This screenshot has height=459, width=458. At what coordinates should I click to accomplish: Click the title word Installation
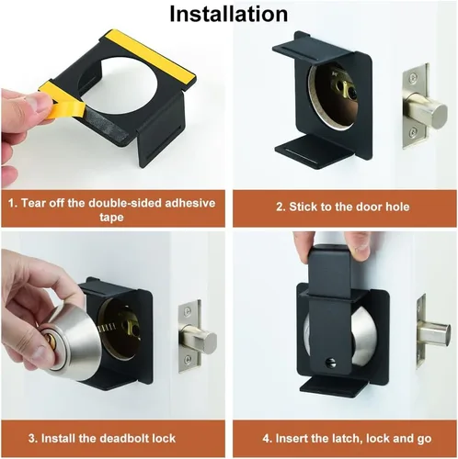point(229,14)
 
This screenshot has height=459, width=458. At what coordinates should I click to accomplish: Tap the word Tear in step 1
point(33,203)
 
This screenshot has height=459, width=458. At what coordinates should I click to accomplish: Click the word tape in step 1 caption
point(111,218)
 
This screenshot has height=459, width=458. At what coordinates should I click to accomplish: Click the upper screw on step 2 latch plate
point(414,76)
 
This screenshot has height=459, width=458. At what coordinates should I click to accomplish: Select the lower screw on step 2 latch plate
point(414,132)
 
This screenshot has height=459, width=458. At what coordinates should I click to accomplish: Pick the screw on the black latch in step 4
point(331,364)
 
